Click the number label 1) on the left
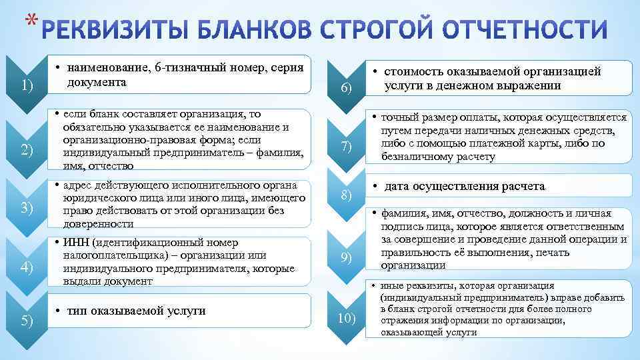coord(27,85)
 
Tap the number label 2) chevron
coord(27,150)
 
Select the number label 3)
coord(27,208)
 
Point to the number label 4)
coord(27,267)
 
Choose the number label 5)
coord(27,321)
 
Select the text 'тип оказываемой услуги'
coord(136,311)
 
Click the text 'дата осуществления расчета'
coord(464,187)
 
